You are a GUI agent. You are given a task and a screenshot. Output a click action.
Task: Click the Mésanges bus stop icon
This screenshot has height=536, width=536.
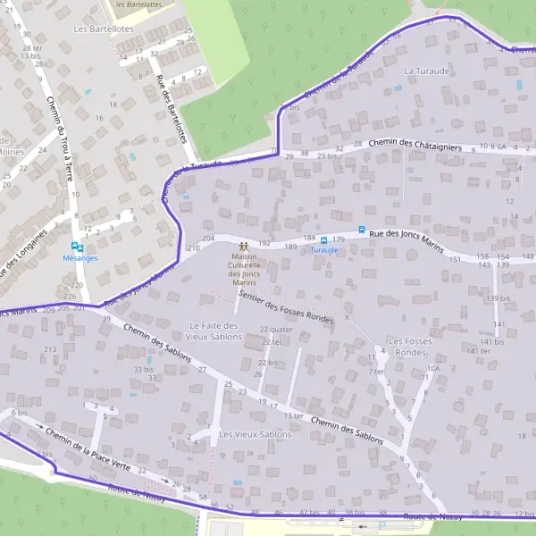coord(79,247)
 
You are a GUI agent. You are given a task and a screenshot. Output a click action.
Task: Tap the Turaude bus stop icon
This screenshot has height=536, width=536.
coord(323,239)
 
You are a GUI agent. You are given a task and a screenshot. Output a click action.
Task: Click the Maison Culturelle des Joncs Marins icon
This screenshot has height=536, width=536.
coord(243,244)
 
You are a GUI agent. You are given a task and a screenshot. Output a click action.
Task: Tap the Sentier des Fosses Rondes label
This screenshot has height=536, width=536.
coord(287,309)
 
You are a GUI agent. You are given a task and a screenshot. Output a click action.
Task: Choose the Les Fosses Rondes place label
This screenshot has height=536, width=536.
coord(410,347)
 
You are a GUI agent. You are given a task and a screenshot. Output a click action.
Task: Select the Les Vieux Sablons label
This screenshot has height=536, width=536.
coord(255,434)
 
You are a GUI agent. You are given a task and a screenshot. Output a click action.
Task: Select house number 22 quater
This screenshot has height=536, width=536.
coord(276,330)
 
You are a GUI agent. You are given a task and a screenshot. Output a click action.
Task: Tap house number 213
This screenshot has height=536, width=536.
coord(50,349)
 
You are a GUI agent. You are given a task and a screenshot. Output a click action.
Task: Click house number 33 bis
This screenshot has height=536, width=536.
coord(143,369)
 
